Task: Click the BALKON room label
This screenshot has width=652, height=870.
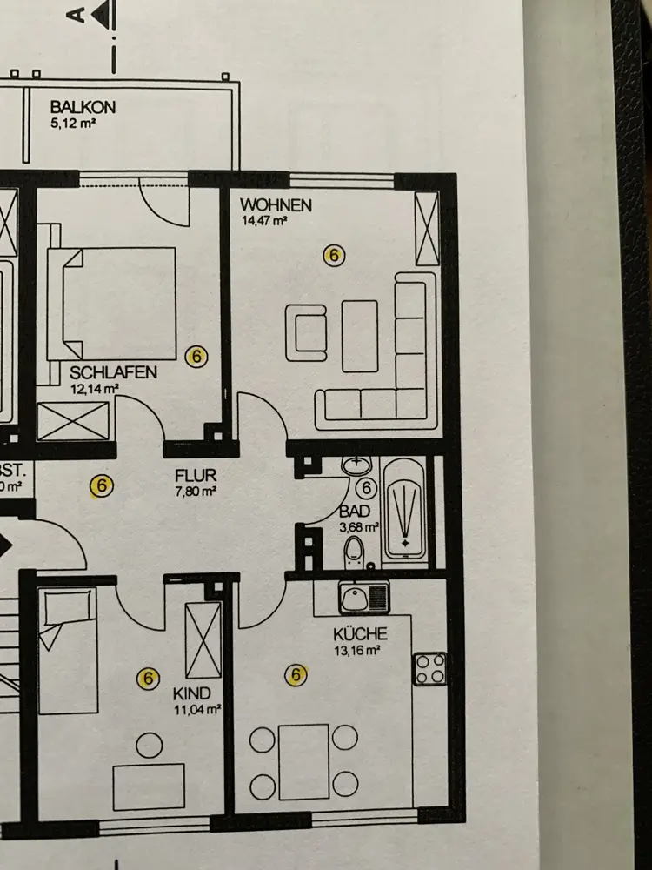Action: pos(83,107)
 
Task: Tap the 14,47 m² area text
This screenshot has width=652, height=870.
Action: pos(264,221)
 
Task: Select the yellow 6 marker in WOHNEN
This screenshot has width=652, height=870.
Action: pos(333,255)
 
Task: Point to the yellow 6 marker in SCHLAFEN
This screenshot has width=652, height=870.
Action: pos(197,356)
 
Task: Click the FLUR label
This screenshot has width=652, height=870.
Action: pos(195,477)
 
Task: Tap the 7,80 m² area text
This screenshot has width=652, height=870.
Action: pos(196,492)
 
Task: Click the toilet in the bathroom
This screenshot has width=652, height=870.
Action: pos(354,551)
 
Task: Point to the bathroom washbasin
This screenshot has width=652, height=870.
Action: pos(355,466)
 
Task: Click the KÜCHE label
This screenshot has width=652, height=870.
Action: pos(360,633)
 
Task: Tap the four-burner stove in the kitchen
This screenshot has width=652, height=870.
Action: pos(430,668)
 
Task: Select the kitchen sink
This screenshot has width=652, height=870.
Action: pos(365,598)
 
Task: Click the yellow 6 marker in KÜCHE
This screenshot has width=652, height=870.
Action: pos(296,673)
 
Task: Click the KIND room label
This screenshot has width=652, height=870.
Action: pos(191,694)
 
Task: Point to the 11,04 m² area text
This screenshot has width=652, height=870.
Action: pos(197,709)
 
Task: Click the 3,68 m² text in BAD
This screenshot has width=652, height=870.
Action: pos(359,526)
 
